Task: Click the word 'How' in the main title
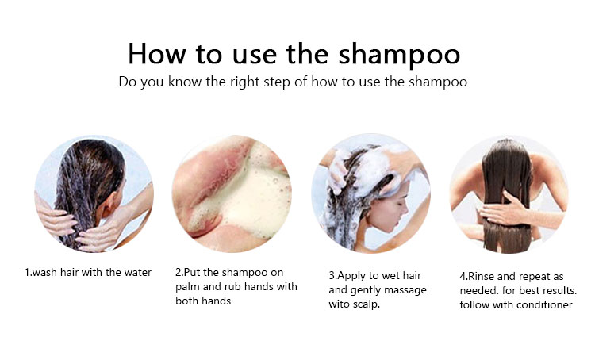tap(157, 53)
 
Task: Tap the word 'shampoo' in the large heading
tap(399, 56)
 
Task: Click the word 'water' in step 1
tap(138, 272)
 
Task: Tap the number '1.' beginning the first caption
tap(29, 272)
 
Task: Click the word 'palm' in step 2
tap(187, 287)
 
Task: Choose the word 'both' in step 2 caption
tap(186, 301)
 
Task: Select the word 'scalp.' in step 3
tap(367, 304)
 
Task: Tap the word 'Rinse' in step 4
tap(482, 276)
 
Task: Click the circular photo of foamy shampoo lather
tap(232, 193)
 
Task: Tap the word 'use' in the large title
tap(255, 56)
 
